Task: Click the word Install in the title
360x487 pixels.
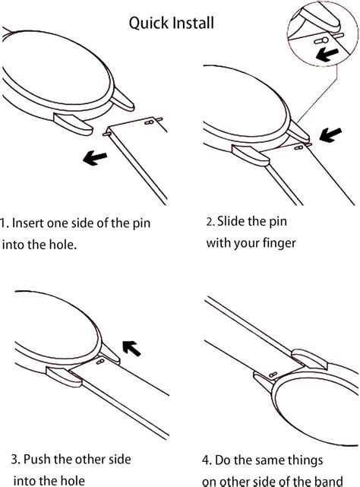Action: point(193,23)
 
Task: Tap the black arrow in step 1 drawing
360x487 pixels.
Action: point(95,157)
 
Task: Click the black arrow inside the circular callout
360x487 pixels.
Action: point(327,55)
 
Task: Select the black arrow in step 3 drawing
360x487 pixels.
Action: point(131,348)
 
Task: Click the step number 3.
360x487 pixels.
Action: point(15,460)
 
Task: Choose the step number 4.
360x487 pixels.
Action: point(207,460)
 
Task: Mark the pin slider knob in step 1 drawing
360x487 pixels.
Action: point(149,122)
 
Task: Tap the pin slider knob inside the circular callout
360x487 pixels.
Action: point(321,41)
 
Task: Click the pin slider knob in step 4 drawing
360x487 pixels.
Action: point(273,375)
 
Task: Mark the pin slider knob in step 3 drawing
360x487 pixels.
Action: point(100,361)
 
